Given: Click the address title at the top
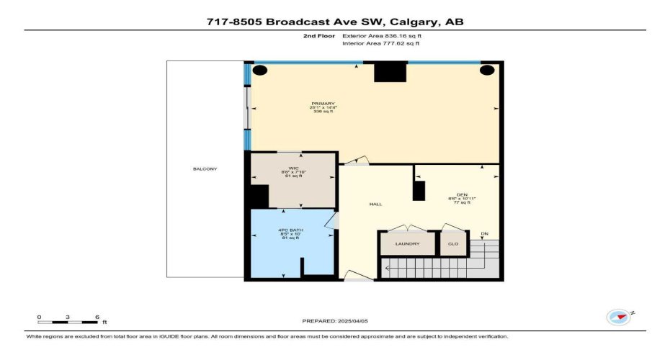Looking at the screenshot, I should pyautogui.click(x=335, y=22).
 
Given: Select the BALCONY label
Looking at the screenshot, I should pyautogui.click(x=205, y=169).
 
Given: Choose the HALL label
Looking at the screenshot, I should pyautogui.click(x=375, y=204).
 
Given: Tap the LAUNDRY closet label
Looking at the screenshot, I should pyautogui.click(x=407, y=244).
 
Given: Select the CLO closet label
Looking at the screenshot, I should pyautogui.click(x=453, y=244).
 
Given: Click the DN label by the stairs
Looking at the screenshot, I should pyautogui.click(x=484, y=233).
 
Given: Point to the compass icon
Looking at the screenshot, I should pyautogui.click(x=618, y=317).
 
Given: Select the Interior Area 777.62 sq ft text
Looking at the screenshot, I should pyautogui.click(x=380, y=44).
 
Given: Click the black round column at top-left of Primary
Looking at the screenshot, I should pyautogui.click(x=260, y=71).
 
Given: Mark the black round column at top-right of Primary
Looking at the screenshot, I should pyautogui.click(x=488, y=71).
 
